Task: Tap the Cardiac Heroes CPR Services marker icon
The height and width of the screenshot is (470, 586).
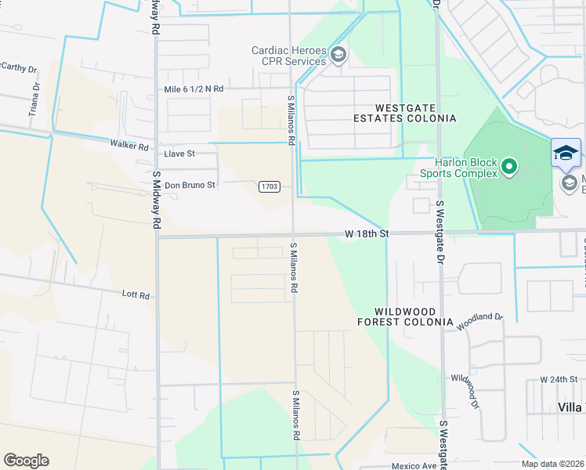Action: point(338,54)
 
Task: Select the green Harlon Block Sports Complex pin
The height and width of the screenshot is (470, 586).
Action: point(509,166)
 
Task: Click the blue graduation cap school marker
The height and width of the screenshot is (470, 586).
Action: point(566,153)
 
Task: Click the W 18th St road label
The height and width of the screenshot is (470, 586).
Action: point(367,234)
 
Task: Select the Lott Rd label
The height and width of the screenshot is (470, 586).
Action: point(136,295)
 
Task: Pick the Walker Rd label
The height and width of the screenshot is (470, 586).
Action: point(129,146)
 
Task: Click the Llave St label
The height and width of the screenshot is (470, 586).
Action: point(179,154)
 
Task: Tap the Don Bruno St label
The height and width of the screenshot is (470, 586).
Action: point(190,185)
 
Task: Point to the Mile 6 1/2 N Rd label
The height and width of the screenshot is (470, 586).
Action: point(194,89)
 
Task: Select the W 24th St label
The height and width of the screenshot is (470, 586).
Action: point(559,379)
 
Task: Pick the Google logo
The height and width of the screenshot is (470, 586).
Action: point(26,461)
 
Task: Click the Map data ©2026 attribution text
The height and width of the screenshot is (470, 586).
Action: point(552,464)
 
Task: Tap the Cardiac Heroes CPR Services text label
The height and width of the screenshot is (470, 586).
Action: point(288,56)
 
